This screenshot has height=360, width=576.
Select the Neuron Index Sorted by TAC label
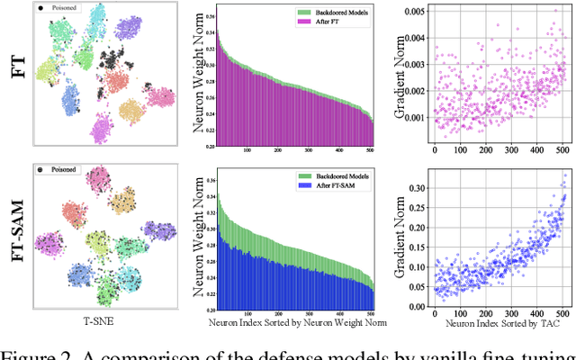click(497, 325)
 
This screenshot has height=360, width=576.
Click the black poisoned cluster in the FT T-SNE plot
click(116, 62)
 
